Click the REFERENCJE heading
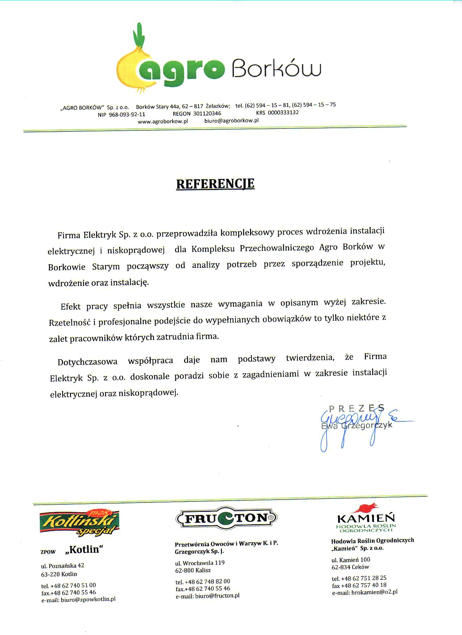[215, 184]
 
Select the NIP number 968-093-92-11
[127, 114]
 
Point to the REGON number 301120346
[207, 114]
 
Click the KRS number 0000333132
[283, 112]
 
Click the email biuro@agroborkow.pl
[231, 121]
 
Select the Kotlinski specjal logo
[79, 522]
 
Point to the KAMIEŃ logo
[366, 518]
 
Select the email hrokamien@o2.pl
[375, 592]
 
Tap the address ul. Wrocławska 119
[200, 563]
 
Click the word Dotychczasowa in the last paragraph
[88, 361]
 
